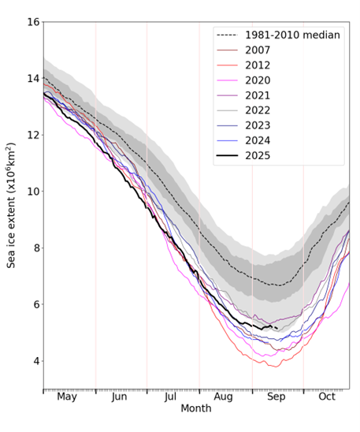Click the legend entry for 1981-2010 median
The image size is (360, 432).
292,35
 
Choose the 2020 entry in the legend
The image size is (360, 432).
259,80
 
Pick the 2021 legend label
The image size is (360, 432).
259,95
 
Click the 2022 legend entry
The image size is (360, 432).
259,110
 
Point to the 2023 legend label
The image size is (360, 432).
259,125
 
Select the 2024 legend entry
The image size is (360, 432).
259,140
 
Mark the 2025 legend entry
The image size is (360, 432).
259,155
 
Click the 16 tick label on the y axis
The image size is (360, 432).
33,22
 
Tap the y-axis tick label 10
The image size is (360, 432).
33,192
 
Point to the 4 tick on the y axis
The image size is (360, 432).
36,361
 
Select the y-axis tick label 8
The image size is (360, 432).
36,248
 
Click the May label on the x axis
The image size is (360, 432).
67,397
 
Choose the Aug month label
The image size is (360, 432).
224,397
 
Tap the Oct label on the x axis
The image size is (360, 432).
327,397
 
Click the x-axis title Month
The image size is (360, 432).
196,409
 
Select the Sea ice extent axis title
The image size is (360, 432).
12,205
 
